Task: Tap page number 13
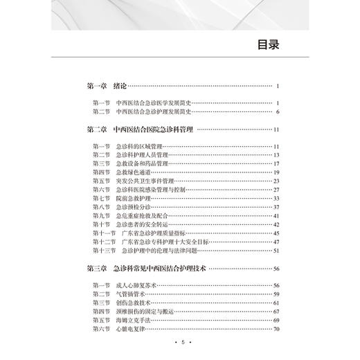click(275, 155)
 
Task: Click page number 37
click(275, 206)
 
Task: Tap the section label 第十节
click(101, 224)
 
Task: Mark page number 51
click(275, 249)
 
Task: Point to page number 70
click(275, 327)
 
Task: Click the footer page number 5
click(179, 344)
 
